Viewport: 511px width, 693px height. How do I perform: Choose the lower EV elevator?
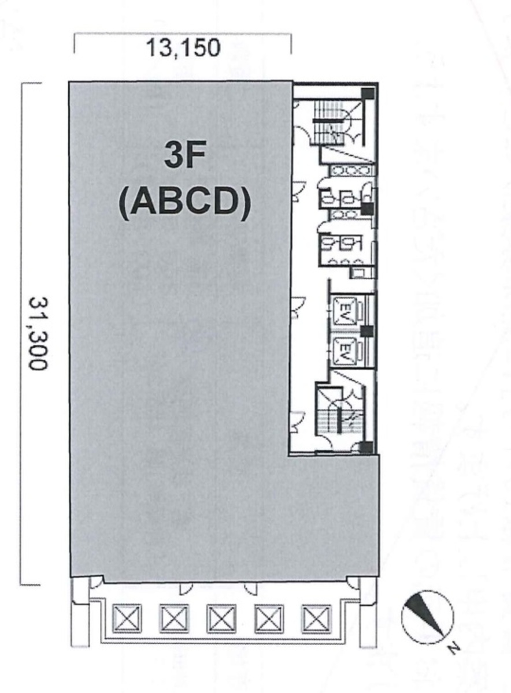point(346,349)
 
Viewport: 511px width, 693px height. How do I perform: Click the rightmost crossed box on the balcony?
point(316,620)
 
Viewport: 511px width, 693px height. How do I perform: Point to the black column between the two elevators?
point(366,331)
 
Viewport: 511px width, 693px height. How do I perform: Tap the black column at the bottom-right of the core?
point(365,446)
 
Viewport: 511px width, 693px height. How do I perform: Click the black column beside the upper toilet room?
point(366,209)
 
